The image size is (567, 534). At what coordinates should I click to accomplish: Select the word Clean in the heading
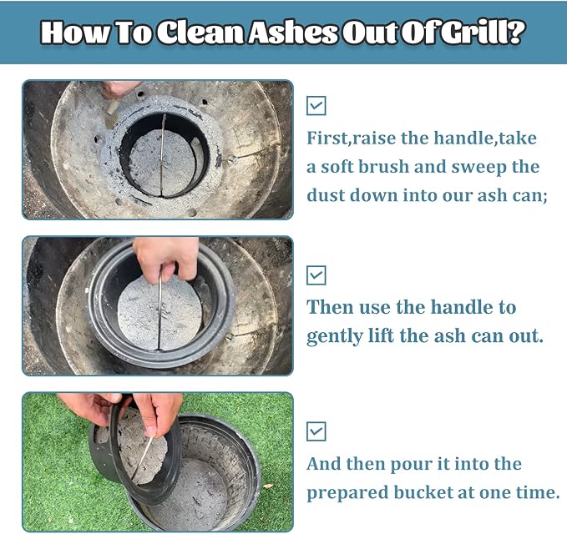click(x=200, y=33)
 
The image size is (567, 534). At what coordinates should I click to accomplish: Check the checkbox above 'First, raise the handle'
click(x=316, y=105)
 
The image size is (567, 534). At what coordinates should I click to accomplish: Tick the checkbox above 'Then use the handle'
click(x=316, y=275)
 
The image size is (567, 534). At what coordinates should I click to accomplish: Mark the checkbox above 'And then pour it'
click(x=316, y=431)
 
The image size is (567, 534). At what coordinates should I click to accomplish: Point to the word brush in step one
click(x=383, y=167)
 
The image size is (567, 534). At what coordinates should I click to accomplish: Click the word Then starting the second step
click(x=329, y=307)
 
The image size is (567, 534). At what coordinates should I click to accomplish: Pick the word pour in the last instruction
click(x=411, y=465)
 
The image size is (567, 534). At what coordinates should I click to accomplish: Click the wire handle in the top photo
click(x=162, y=155)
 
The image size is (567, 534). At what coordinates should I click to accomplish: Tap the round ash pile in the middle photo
click(x=159, y=313)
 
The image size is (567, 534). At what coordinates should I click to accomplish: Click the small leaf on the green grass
click(x=267, y=486)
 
